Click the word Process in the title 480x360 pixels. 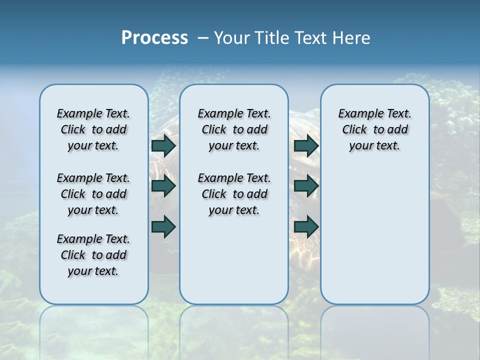[154, 38]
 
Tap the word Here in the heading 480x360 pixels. [352, 38]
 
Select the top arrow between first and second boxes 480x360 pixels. [163, 145]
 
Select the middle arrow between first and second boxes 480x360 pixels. [163, 186]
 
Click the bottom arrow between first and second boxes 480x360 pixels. [163, 227]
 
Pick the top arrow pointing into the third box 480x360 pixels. [306, 145]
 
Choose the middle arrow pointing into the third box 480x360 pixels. [306, 186]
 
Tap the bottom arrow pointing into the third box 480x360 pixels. [306, 227]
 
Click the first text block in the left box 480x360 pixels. [93, 129]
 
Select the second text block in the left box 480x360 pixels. [93, 194]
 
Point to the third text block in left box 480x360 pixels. [93, 255]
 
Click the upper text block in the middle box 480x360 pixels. [234, 129]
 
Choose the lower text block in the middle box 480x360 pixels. [234, 194]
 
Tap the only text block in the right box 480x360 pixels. [374, 129]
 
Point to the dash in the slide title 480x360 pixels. [203, 38]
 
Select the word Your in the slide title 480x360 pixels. [232, 38]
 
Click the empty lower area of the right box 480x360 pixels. [374, 235]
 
